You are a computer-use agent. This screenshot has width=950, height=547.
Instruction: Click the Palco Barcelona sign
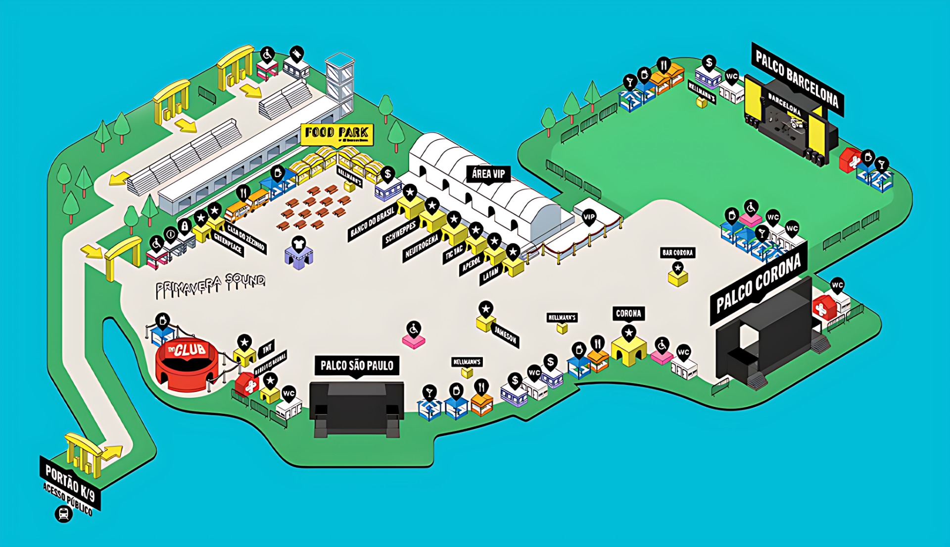797,79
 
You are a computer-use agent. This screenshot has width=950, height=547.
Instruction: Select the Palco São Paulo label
357,366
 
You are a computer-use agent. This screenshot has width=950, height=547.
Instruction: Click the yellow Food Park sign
336,133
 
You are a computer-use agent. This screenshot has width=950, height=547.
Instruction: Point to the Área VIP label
488,174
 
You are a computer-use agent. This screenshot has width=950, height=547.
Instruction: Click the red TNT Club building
187,364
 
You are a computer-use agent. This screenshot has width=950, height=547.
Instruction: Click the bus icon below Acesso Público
63,514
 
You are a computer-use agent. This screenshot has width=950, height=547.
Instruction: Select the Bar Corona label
677,253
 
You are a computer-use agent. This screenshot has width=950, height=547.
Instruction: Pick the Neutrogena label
422,247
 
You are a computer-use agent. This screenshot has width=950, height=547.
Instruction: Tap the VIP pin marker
589,217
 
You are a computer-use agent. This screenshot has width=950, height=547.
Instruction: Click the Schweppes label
400,233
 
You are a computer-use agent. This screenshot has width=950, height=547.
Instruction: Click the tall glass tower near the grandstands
339,82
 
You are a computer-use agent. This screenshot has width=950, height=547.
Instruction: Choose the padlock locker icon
185,226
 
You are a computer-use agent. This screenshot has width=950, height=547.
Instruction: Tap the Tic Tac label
454,252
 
